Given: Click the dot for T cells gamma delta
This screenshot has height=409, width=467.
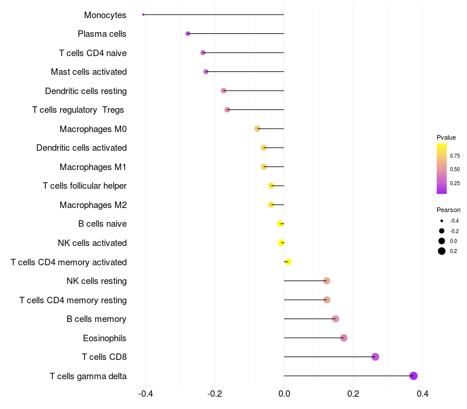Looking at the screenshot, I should click(413, 376).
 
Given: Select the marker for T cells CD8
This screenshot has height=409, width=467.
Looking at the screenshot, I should click(375, 357).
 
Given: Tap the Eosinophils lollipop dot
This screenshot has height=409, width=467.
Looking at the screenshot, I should click(344, 338).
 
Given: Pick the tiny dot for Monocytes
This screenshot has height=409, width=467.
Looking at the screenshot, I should click(143, 15).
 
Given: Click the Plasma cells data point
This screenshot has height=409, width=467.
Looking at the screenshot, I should click(187, 33).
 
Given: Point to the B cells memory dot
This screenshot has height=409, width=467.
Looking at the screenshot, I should click(335, 319).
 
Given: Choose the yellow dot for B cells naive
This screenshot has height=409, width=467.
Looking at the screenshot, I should click(281, 224).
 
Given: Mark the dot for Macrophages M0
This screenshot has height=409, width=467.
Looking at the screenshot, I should click(257, 129).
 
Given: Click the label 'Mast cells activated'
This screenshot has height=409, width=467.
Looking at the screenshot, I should click(89, 72).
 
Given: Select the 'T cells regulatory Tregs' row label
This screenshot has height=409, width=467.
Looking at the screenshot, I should click(78, 110).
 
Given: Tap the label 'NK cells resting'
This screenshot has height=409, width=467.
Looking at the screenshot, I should click(96, 281).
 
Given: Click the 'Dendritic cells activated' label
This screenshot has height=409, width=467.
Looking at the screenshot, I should click(81, 148).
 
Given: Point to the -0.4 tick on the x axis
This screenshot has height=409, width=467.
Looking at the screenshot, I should click(145, 394).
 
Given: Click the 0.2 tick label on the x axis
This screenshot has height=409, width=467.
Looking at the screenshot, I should click(353, 394).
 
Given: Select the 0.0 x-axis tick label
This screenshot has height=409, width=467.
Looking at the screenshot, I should click(284, 394).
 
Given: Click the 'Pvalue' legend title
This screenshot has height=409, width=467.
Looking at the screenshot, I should click(446, 137).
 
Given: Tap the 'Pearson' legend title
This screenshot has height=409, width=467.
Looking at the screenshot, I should click(448, 210).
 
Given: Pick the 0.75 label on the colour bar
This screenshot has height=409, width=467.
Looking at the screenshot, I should click(455, 156).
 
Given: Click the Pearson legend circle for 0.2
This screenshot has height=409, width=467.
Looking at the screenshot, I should click(442, 251).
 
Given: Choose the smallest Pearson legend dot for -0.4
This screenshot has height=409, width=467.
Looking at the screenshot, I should click(442, 221).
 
